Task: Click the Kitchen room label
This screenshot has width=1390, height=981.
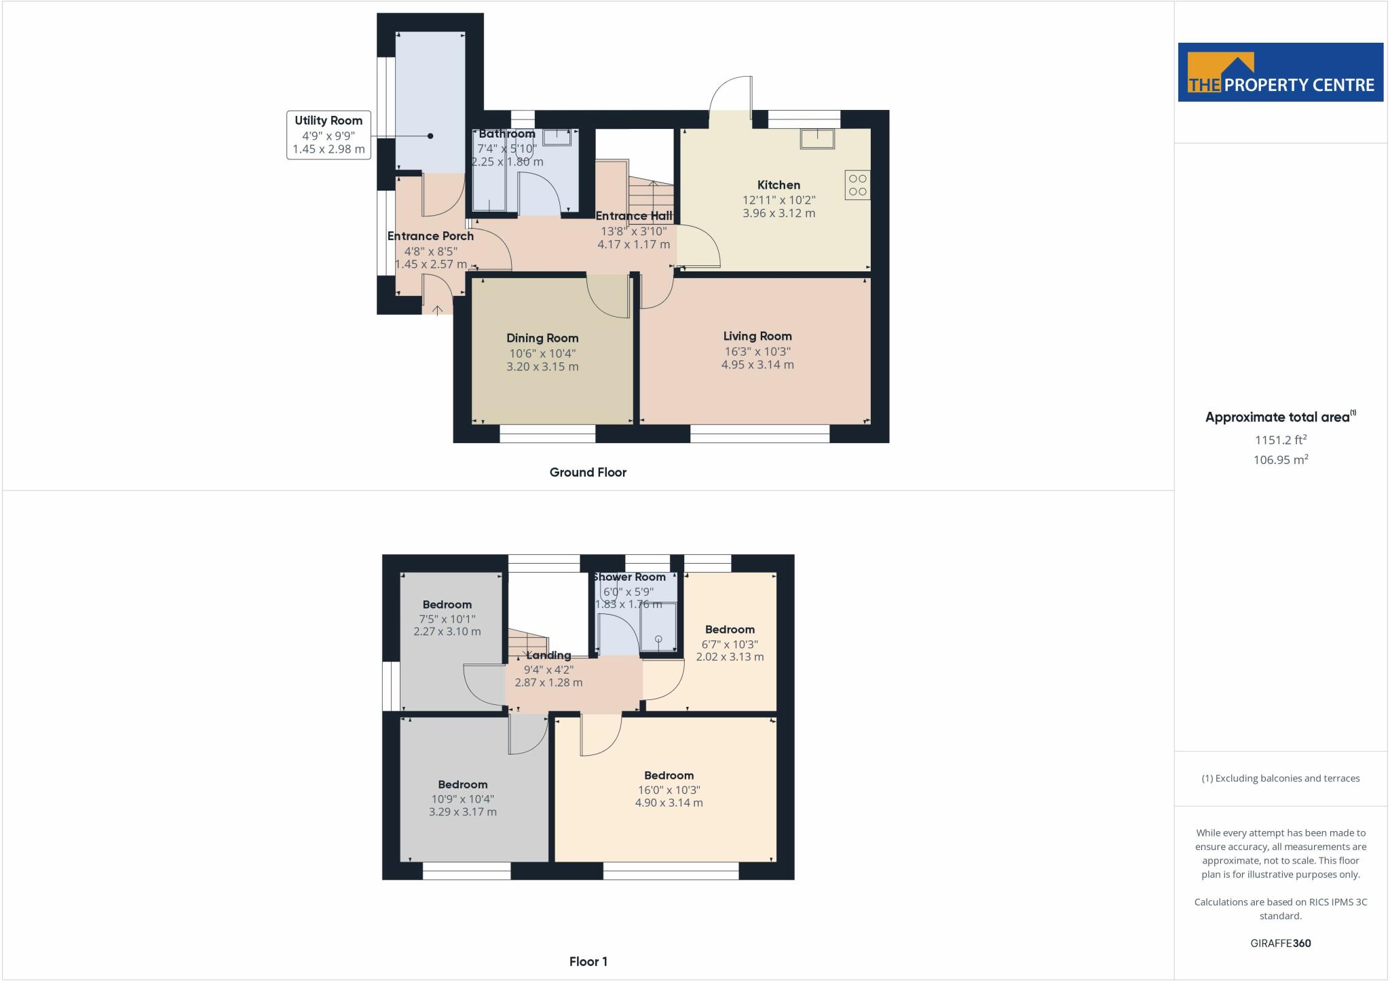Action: click(778, 185)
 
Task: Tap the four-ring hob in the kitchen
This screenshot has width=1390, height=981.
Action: click(858, 185)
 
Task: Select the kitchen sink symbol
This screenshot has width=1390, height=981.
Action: click(817, 138)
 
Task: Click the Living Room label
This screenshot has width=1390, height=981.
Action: click(757, 336)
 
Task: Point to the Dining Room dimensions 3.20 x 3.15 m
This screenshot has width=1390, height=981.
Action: click(542, 366)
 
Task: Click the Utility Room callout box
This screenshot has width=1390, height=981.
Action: click(328, 135)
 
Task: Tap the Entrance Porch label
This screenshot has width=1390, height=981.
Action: click(430, 236)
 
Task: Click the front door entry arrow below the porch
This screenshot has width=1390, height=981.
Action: click(438, 310)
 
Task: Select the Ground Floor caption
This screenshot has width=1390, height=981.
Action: click(588, 472)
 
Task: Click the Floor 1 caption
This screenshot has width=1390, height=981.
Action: click(588, 961)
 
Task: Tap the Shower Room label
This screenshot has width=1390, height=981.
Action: click(629, 577)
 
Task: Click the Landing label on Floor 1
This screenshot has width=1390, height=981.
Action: click(548, 655)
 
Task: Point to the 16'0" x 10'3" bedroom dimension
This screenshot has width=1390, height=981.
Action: click(669, 790)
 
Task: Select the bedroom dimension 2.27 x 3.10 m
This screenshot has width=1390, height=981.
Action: click(447, 631)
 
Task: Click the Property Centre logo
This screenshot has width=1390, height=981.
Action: click(1281, 73)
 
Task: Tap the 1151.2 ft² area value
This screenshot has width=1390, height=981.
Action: click(1281, 440)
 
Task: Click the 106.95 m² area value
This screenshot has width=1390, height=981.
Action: click(1281, 460)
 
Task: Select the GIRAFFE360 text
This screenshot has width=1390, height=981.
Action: click(1281, 943)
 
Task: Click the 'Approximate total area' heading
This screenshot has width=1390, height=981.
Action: click(1281, 417)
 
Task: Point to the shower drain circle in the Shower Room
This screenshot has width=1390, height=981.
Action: click(658, 639)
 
